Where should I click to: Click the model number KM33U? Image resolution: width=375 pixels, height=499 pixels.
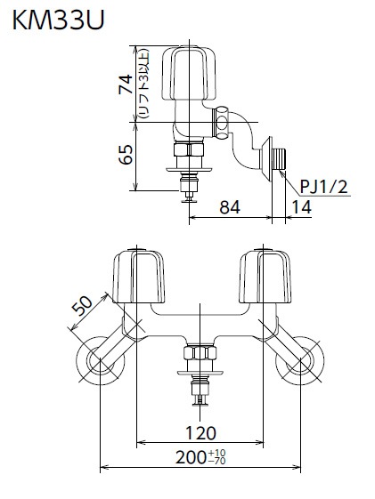tap(54, 19)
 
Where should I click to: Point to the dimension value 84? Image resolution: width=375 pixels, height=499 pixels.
tap(230, 207)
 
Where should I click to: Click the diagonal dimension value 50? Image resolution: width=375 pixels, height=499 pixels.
tap(82, 308)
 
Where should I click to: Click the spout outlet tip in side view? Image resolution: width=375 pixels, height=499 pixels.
tap(188, 194)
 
